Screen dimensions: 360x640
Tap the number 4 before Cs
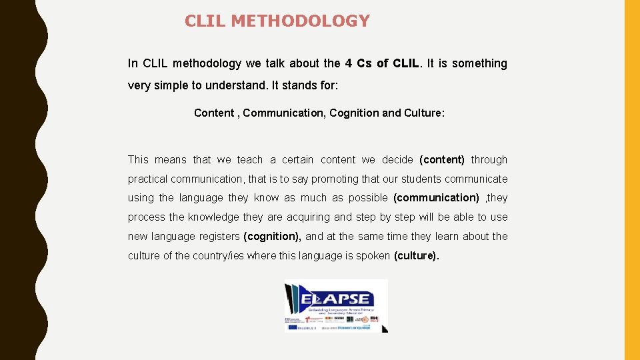pos(349,63)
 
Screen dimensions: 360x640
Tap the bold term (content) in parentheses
pos(442,160)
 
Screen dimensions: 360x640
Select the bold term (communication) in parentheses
pos(437,198)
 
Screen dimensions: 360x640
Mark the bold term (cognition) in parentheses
pos(273,237)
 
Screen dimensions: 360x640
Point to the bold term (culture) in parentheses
pos(416,256)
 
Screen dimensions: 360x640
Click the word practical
pos(148,179)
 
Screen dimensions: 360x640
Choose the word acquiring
pos(307,217)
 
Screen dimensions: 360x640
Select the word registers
pos(219,237)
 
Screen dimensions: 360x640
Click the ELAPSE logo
pos(336,305)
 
